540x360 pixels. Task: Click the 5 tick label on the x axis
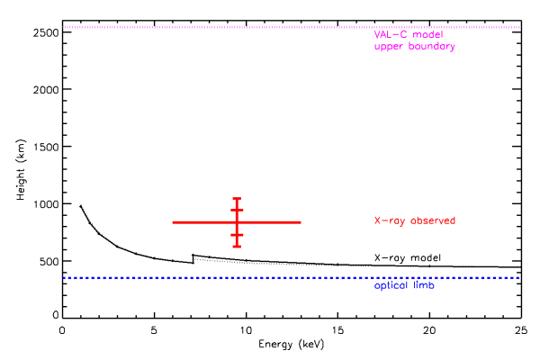(154, 329)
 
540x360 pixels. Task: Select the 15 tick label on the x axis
(337, 329)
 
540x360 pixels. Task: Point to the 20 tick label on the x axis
(428, 329)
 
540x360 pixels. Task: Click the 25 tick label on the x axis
(519, 329)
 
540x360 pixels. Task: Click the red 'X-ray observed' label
(415, 220)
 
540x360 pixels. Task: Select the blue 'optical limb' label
(402, 285)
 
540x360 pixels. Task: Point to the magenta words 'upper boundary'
(415, 46)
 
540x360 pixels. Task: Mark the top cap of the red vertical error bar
(237, 198)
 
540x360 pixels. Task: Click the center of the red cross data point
(237, 221)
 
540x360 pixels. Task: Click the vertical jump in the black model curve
(193, 259)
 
